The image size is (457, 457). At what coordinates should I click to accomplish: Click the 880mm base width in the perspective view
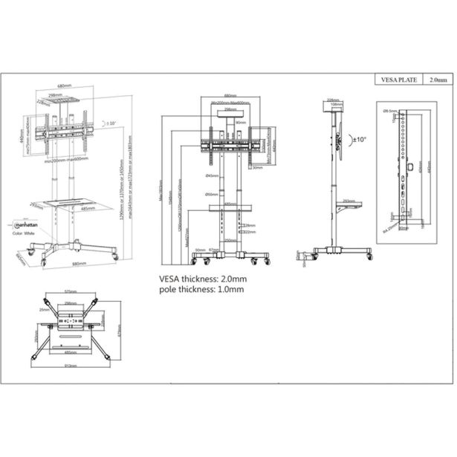71,263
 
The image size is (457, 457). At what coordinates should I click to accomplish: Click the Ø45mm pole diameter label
212,175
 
